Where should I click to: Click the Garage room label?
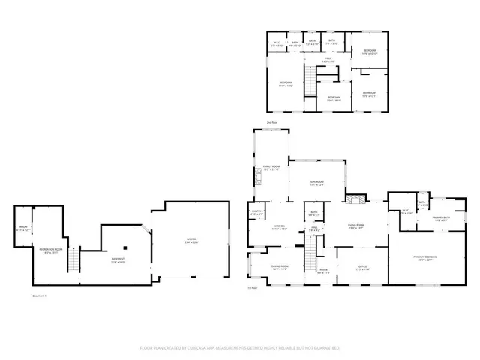click(193, 241)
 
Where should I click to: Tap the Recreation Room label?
click(52, 250)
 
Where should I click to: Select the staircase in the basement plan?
click(73, 261)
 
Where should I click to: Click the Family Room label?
click(271, 168)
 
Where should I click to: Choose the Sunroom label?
click(316, 184)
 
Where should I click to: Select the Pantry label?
click(256, 214)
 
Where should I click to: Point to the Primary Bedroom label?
click(424, 259)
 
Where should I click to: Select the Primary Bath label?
click(440, 220)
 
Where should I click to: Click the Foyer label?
click(323, 271)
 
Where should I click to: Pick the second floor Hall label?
click(328, 60)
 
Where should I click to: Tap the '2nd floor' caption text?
click(271, 122)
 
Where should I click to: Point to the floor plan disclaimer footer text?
click(239, 348)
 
